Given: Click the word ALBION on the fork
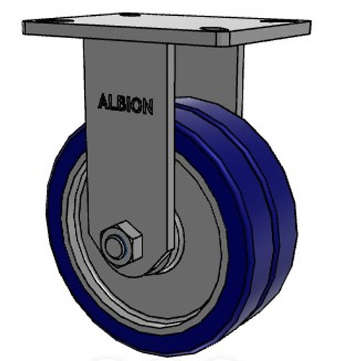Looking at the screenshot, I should (125, 104).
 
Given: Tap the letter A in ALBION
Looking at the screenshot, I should (103, 101).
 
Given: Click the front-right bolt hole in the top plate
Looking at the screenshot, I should (212, 29).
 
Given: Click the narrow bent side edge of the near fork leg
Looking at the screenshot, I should (171, 144).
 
